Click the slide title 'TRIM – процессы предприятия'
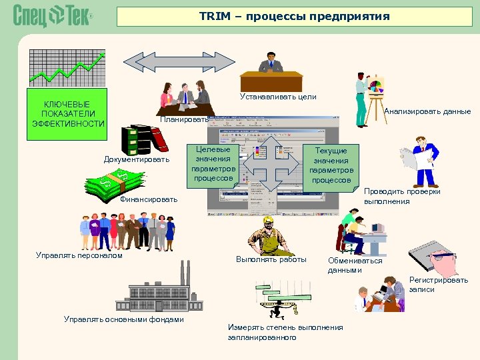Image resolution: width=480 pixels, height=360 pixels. coord(294,17)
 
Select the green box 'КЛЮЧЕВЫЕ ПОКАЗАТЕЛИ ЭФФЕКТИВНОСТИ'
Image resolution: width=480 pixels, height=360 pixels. coord(67,114)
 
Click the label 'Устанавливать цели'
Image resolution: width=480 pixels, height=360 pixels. coord(278,97)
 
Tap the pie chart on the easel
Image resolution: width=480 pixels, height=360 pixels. coord(377,86)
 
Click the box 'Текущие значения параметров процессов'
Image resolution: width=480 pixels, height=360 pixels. coord(331,165)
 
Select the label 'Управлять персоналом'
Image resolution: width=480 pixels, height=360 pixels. coord(79,255)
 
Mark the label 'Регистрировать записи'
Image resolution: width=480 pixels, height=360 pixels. coord(438,285)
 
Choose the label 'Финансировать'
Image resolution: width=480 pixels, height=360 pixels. coord(149,199)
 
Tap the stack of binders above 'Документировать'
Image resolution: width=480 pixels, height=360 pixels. coord(141,139)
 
